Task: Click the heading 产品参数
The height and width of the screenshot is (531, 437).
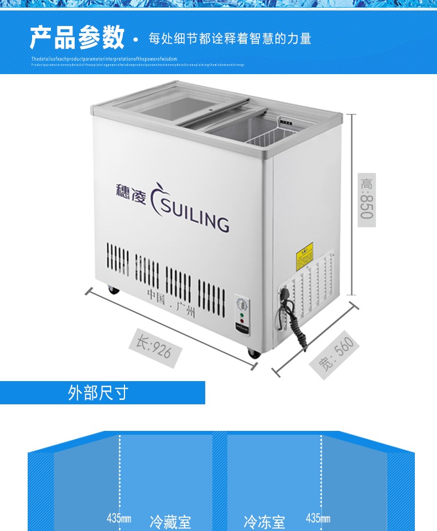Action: [x=77, y=38]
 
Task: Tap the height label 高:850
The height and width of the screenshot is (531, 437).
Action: [x=366, y=199]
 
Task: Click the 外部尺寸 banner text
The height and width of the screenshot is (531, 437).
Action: [x=98, y=393]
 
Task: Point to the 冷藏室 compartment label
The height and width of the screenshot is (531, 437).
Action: [x=170, y=521]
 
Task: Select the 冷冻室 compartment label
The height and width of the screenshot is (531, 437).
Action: [x=264, y=521]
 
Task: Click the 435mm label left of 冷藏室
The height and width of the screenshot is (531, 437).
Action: [x=119, y=519]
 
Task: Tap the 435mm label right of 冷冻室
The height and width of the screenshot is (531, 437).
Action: [x=318, y=518]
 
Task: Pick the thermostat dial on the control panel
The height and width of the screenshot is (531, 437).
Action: [x=242, y=304]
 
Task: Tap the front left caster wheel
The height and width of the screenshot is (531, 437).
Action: [x=113, y=289]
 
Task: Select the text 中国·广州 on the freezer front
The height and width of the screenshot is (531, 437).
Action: [x=171, y=304]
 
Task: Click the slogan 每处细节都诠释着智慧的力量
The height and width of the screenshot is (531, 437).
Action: [x=230, y=39]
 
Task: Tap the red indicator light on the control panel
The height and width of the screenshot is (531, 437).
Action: [x=242, y=321]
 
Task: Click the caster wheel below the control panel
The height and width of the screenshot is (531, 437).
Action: [x=253, y=353]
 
